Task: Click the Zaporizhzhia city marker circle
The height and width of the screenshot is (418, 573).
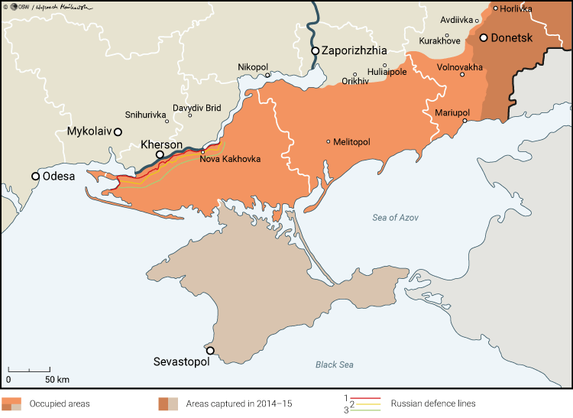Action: click(x=315, y=50)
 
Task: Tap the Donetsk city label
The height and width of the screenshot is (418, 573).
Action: click(x=516, y=37)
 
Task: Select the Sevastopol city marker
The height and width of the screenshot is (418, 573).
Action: click(x=210, y=351)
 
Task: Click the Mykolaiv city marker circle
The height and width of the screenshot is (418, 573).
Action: click(x=118, y=131)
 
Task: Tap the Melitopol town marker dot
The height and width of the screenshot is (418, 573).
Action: click(x=329, y=141)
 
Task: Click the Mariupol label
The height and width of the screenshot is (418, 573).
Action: click(x=452, y=112)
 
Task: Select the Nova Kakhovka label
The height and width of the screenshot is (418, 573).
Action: click(x=230, y=159)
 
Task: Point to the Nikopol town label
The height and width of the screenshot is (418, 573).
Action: click(x=254, y=66)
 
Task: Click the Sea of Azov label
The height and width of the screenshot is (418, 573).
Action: click(x=396, y=218)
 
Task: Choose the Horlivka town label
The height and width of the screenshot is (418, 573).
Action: click(x=517, y=8)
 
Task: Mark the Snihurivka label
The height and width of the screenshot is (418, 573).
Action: click(x=144, y=115)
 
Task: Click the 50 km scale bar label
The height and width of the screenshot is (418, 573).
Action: click(x=57, y=379)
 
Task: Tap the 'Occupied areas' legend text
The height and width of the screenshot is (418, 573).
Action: click(x=60, y=403)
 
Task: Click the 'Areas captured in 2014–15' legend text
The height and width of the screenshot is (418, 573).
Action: click(x=238, y=403)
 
